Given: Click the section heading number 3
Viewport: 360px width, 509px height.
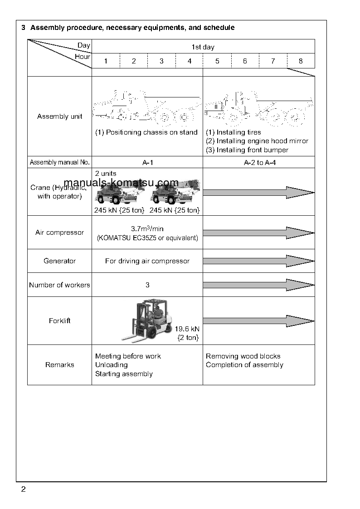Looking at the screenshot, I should pos(23,28).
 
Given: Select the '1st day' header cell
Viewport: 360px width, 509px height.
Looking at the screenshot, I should pos(203,47).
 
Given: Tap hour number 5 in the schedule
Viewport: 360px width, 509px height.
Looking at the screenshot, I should pos(217,61).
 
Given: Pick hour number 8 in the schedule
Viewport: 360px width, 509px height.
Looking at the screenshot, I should pos(301,61).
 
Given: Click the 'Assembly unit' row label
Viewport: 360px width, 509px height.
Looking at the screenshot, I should pos(60,116).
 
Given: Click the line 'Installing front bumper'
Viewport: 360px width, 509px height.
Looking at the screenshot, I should pos(247,150).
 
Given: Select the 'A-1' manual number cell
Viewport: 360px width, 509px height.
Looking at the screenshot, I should pos(147,162).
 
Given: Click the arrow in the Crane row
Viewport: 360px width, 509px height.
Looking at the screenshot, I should pos(258,192).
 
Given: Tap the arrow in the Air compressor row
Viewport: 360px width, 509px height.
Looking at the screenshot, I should pos(258,233).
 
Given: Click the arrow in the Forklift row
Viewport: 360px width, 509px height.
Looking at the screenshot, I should pos(258,321).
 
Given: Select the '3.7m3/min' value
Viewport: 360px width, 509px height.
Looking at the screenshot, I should pos(147,229).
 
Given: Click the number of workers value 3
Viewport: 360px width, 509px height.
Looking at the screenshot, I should pos(147,285).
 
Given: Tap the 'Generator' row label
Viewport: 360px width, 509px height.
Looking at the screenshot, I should pos(60,261).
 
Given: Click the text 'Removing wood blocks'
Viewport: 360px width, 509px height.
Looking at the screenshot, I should pos(243,356).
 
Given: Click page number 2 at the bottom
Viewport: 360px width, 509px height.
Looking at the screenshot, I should pos(23,490).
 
